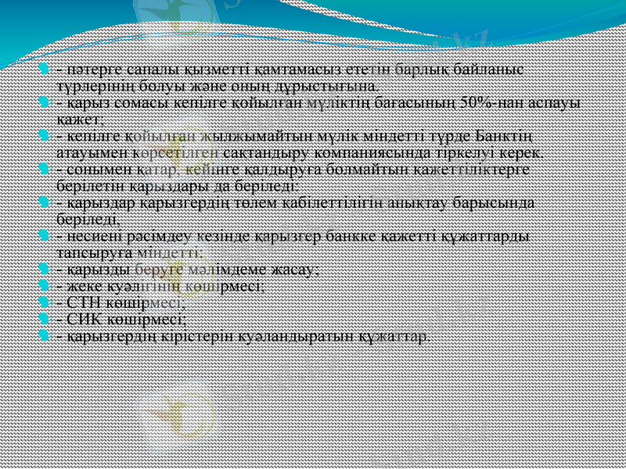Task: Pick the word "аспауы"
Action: click(x=558, y=103)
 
